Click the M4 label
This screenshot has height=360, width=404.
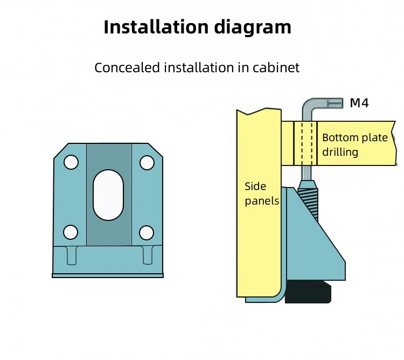[359, 103]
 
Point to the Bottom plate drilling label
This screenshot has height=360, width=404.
[354, 144]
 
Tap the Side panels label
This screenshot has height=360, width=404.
[262, 193]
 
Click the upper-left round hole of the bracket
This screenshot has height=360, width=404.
[71, 162]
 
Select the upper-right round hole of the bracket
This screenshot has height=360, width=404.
[147, 162]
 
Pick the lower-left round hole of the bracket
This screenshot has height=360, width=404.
[71, 232]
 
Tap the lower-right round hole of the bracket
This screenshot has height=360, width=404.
[147, 232]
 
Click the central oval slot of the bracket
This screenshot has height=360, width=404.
[108, 195]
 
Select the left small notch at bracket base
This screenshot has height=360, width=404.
[71, 255]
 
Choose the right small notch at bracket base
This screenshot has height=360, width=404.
[147, 255]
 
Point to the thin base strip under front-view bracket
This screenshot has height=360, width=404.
[108, 275]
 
